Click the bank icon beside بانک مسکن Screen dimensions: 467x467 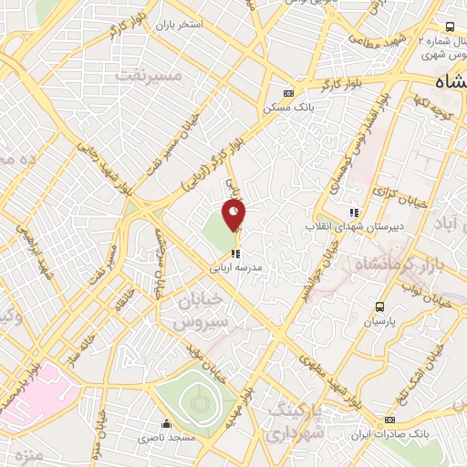pyautogui.click(x=290, y=93)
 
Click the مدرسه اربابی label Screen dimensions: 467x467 pyautogui.click(x=235, y=269)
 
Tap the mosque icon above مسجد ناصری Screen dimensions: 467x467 pyautogui.click(x=166, y=424)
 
